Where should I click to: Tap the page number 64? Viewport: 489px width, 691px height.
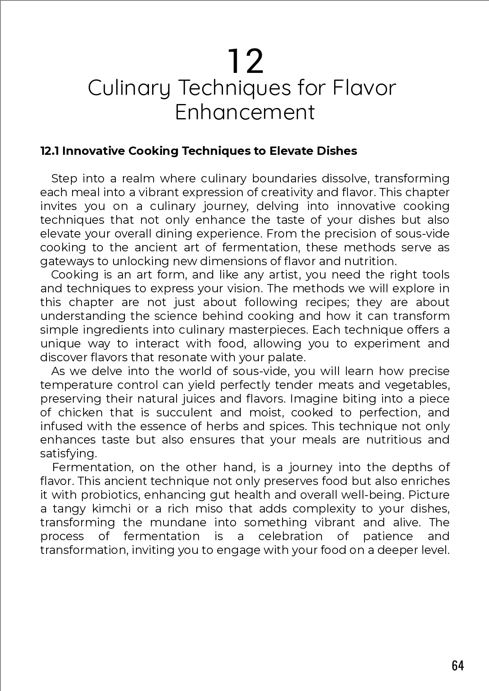coord(458,665)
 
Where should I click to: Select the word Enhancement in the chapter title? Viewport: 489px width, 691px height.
coord(245,112)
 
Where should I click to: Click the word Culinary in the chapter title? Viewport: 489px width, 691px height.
coord(129,88)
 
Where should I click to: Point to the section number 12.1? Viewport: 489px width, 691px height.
coord(50,151)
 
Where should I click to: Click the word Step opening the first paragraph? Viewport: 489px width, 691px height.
coord(64,179)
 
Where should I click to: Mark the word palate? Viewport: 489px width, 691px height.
coord(290,358)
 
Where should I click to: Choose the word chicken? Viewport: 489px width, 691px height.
coord(80,412)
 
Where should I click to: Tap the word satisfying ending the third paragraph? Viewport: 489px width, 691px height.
coord(68,454)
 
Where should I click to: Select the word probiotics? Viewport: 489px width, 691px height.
coord(115,495)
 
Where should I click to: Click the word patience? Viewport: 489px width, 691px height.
coord(388,536)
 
